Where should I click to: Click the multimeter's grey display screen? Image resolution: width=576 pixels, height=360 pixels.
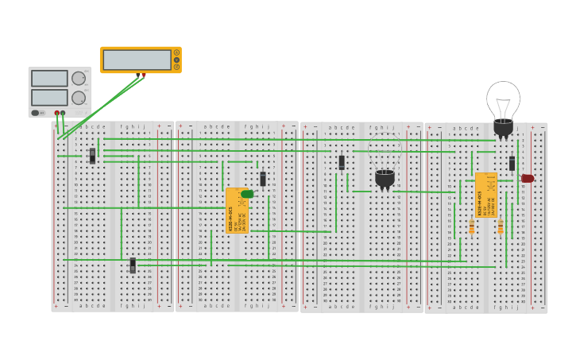(x=137, y=60)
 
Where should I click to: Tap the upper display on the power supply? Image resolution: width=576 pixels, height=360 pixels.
(x=48, y=78)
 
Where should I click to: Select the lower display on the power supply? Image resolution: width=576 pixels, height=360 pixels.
(x=48, y=97)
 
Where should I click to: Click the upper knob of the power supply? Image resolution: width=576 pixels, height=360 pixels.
(x=79, y=78)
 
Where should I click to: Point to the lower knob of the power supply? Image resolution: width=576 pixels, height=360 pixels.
(x=79, y=98)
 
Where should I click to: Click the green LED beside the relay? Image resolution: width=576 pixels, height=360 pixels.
(x=247, y=194)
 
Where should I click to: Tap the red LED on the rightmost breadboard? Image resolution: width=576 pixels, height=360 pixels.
(x=528, y=179)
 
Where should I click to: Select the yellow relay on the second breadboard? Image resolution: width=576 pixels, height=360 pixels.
(x=236, y=211)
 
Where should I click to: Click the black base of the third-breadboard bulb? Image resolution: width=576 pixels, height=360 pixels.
(x=385, y=179)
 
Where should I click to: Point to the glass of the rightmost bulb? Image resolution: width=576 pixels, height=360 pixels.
(x=503, y=99)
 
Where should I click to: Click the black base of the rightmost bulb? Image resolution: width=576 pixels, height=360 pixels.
(x=503, y=127)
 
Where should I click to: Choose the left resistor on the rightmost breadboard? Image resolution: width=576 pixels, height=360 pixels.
(x=471, y=227)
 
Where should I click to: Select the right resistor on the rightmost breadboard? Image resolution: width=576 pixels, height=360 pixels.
(x=500, y=227)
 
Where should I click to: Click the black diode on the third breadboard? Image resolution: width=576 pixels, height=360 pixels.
(x=342, y=162)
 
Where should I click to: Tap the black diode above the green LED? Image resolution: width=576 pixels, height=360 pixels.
(x=263, y=179)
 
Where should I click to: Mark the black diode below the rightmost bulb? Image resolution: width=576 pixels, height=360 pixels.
(x=512, y=163)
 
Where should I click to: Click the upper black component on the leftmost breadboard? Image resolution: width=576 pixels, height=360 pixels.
(x=92, y=156)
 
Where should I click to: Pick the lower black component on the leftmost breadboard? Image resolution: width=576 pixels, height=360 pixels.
(x=133, y=265)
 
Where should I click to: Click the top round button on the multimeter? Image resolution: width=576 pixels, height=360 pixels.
(x=176, y=52)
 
